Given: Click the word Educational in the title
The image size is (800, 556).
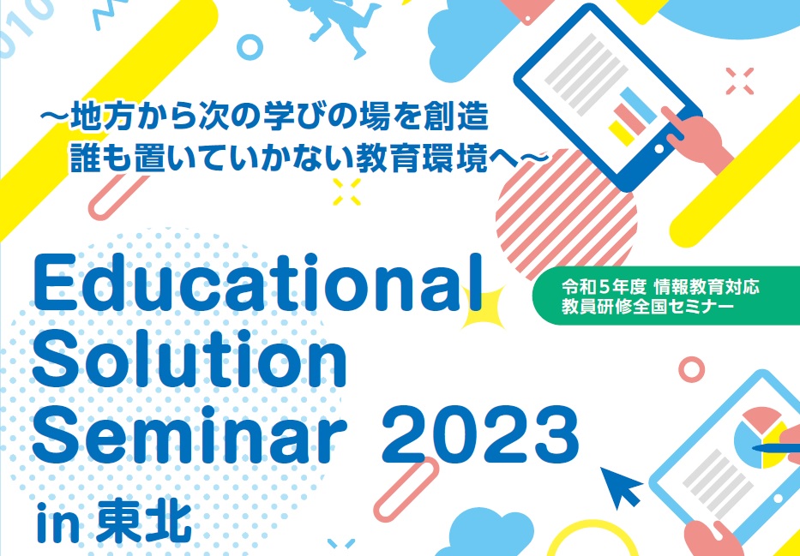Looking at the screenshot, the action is (x=257, y=283).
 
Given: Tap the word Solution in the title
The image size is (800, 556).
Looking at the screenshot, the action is (x=189, y=360).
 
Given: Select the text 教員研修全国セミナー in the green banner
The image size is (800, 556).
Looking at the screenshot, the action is (x=648, y=307).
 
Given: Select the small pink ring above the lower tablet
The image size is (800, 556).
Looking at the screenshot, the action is (x=691, y=369).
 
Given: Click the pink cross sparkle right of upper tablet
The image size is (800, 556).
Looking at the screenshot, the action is (x=740, y=81).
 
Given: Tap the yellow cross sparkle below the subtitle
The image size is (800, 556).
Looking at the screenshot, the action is (x=346, y=192).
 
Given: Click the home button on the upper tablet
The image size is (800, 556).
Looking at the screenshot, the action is (x=659, y=150).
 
